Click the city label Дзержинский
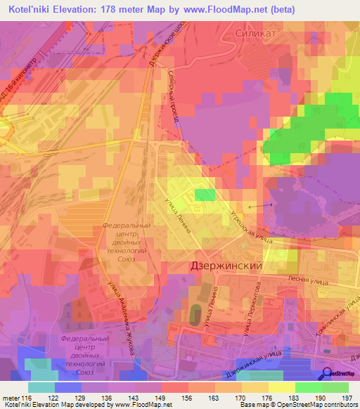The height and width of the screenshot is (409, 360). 226,267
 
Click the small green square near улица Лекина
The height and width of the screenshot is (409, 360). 205,195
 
